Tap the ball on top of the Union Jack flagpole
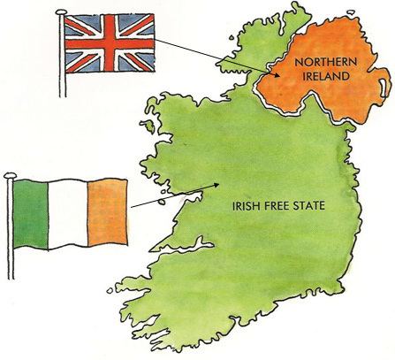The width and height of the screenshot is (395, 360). pos(62,11)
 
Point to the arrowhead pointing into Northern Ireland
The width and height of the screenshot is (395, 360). pos(285,76)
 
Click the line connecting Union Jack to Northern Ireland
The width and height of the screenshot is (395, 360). pos(221,57)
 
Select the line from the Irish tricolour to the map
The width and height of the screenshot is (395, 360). pos(168,198)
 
